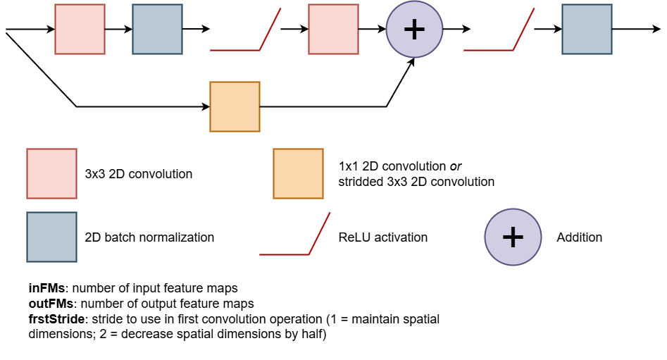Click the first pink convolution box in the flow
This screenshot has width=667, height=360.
[x=80, y=29]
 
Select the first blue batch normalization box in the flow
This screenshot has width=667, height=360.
[x=157, y=29]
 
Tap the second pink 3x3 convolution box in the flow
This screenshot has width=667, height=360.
[x=333, y=29]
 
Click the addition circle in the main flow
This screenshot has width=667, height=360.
[x=414, y=29]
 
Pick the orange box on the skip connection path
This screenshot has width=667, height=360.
[x=235, y=106]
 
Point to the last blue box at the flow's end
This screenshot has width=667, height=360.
[x=587, y=29]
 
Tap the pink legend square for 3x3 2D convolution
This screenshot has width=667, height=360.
[x=51, y=173]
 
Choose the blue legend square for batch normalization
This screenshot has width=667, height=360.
[x=51, y=237]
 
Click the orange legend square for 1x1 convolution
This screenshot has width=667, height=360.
[x=299, y=173]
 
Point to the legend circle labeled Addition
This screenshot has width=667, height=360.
[x=513, y=237]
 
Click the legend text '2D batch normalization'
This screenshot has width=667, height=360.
[x=149, y=237]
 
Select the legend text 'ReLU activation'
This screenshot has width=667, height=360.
[x=382, y=237]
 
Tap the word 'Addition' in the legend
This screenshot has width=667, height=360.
[x=579, y=237]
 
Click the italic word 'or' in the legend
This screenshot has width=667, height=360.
[x=456, y=166]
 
